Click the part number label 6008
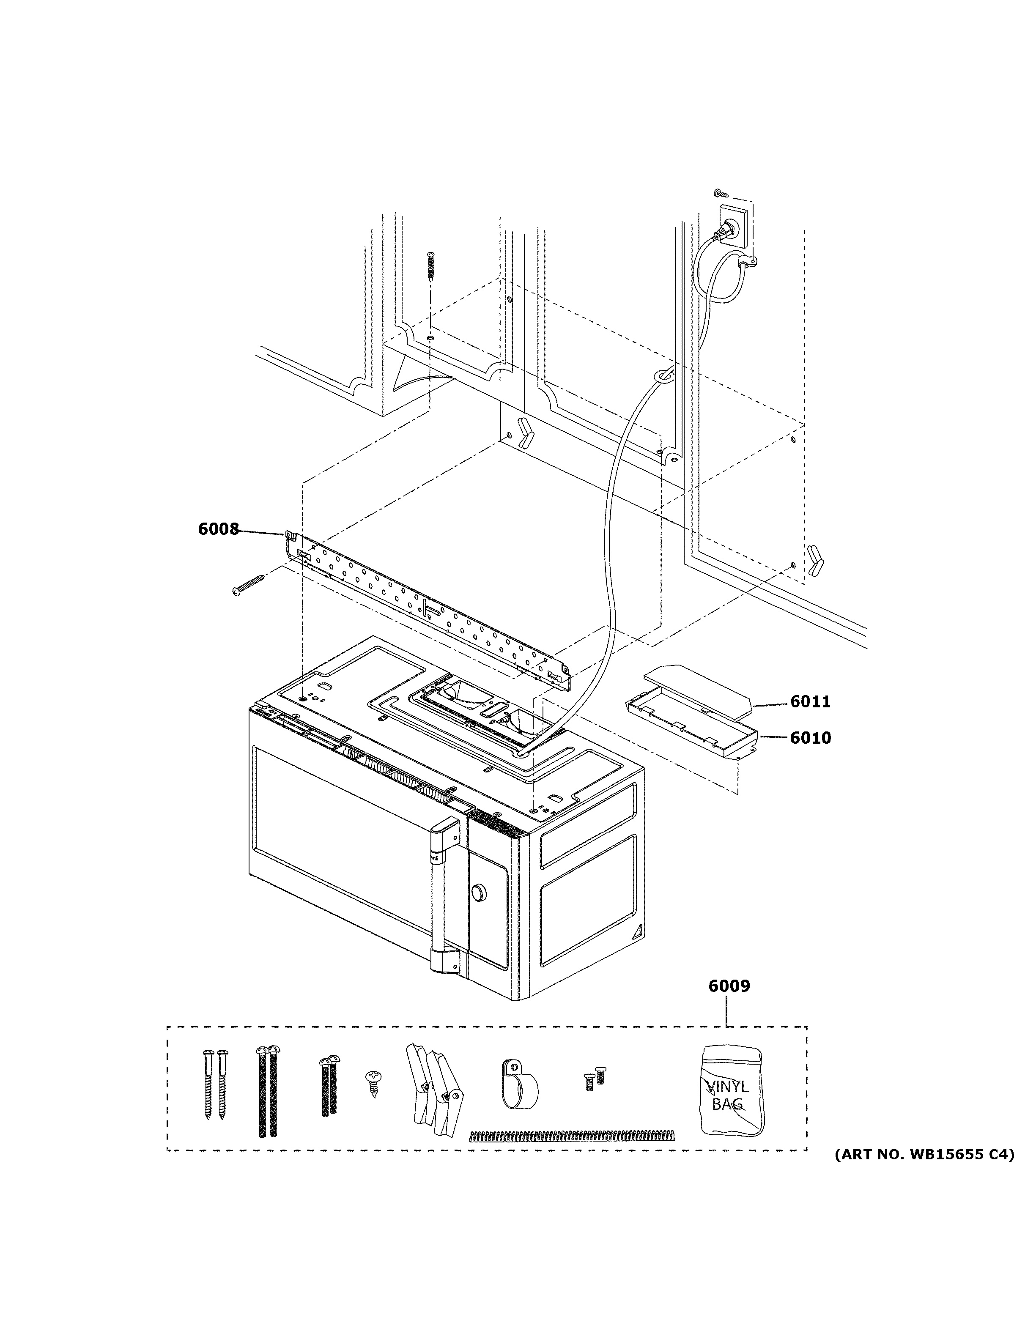tap(218, 529)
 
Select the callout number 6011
tap(810, 702)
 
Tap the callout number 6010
tap(810, 738)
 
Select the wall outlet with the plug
tap(732, 228)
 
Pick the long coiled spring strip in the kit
tap(571, 1135)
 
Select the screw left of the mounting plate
tap(248, 583)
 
